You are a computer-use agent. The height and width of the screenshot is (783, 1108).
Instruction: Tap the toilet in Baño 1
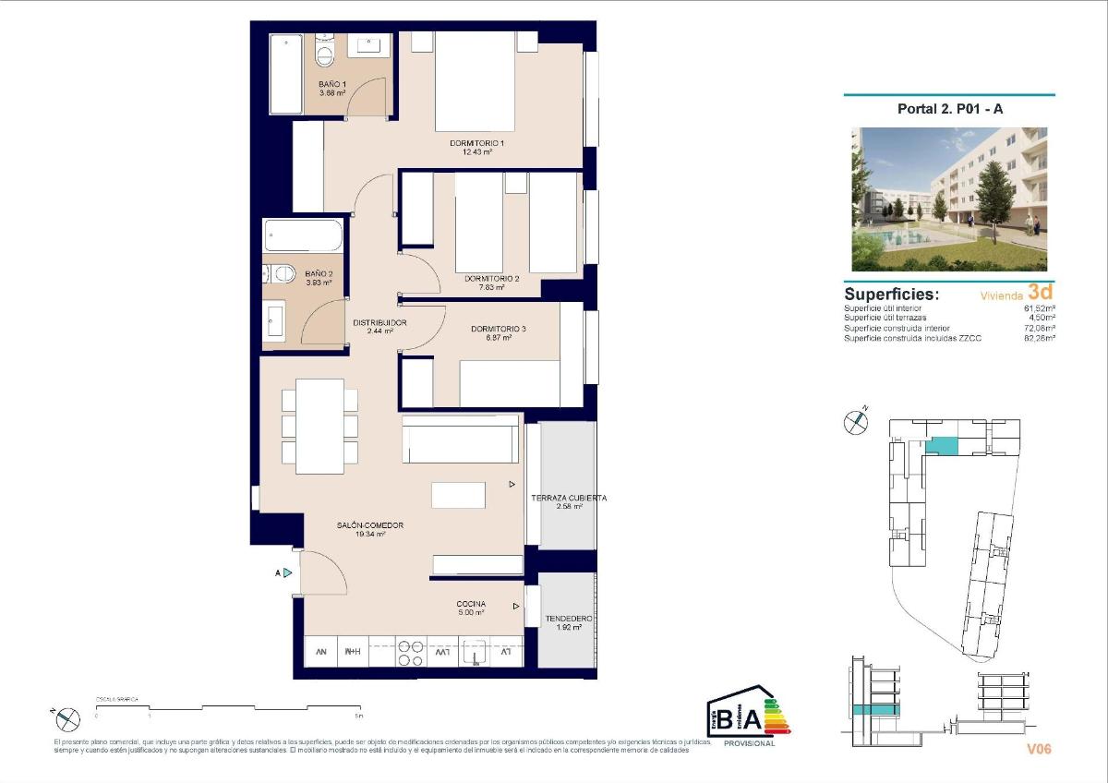pyautogui.click(x=323, y=54)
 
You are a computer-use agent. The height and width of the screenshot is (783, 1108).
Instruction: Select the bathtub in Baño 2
pyautogui.click(x=302, y=235)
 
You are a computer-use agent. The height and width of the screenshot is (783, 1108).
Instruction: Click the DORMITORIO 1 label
pyautogui.click(x=476, y=144)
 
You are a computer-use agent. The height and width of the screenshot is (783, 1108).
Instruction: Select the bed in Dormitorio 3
pyautogui.click(x=510, y=382)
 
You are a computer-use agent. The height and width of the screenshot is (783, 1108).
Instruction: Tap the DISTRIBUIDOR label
pyautogui.click(x=379, y=322)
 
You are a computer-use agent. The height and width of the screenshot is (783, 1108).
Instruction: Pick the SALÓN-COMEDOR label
pyautogui.click(x=369, y=525)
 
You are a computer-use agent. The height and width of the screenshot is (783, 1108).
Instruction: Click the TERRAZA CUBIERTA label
pyautogui.click(x=569, y=498)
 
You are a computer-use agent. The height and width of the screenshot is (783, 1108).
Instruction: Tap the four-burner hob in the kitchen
pyautogui.click(x=411, y=652)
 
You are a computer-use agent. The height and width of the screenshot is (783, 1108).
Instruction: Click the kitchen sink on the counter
pyautogui.click(x=475, y=652)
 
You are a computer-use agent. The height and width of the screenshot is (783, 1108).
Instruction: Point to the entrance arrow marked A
pyautogui.click(x=287, y=572)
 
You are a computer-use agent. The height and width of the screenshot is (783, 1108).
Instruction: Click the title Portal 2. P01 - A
pyautogui.click(x=950, y=108)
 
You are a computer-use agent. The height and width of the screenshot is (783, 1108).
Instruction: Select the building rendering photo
pyautogui.click(x=949, y=187)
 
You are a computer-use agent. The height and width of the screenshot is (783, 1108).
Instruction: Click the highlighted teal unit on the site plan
pyautogui.click(x=942, y=446)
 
